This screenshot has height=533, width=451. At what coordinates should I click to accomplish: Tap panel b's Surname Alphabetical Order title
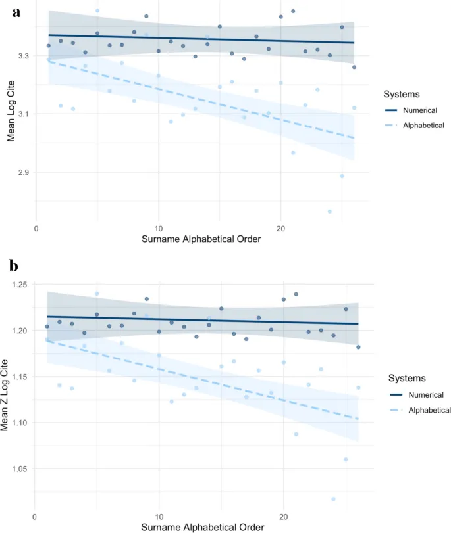point(205,526)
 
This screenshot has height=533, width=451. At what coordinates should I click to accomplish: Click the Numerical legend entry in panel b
point(410,394)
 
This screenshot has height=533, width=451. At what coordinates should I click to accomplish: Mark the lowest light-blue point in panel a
point(329,211)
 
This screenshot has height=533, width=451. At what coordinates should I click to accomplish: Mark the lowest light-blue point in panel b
point(333,499)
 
